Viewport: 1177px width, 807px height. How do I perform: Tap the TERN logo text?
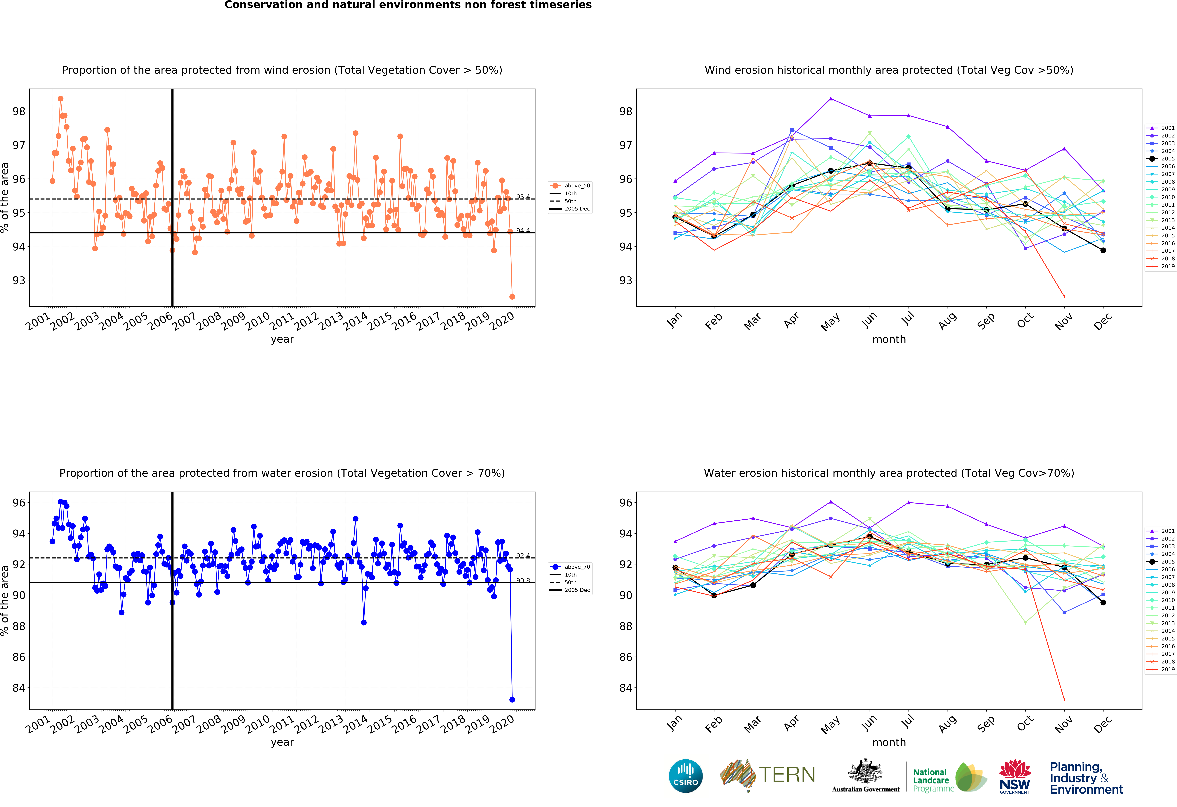coord(787,775)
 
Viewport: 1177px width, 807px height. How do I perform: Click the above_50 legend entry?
coord(570,186)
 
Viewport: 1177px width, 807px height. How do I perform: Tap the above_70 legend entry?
coord(570,567)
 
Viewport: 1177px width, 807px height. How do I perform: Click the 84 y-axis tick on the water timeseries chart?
coord(19,688)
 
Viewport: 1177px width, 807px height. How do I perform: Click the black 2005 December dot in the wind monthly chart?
coord(1103,250)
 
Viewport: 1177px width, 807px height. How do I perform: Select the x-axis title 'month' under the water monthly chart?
coord(889,743)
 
